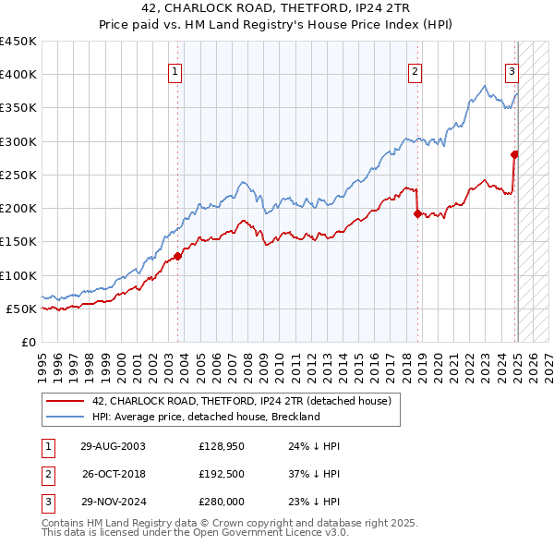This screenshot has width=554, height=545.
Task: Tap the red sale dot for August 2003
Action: point(177,256)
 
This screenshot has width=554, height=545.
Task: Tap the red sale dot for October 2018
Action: point(417,213)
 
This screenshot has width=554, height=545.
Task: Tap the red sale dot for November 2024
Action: point(514,154)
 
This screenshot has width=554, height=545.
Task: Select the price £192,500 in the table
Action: point(221,473)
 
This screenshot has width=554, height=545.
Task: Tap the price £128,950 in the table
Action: point(221,445)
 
